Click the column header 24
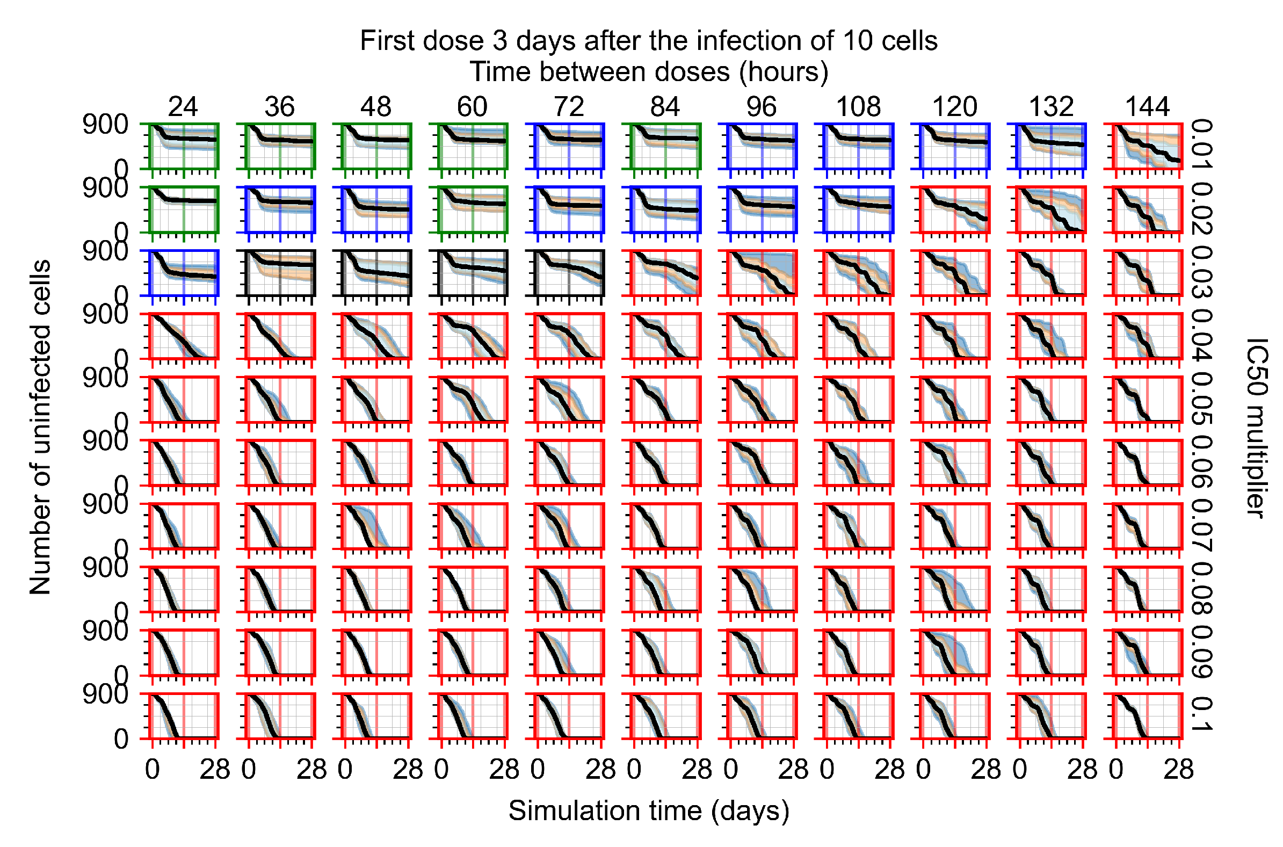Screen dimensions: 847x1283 pos(183,106)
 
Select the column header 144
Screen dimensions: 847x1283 pos(1148,106)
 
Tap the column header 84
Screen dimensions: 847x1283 pos(665,106)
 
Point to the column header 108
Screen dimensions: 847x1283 pos(858,106)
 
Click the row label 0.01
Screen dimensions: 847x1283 pos(1202,145)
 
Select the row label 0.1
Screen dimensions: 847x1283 pos(1202,714)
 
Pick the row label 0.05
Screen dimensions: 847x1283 pos(1202,399)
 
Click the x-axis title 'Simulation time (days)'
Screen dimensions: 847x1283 pos(649,811)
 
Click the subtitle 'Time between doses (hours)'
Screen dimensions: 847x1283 pos(649,72)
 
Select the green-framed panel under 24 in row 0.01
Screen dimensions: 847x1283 pos(184,147)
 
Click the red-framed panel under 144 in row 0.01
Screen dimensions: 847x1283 pos(1148,147)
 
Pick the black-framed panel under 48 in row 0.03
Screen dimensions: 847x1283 pos(376,273)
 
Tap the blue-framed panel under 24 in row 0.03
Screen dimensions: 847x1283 pos(184,273)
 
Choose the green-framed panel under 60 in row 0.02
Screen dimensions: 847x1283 pos(473,209)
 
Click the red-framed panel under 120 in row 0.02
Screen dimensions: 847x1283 pos(955,209)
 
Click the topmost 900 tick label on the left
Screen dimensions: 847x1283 pos(105,125)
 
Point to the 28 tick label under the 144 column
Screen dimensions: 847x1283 pos(1179,770)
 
